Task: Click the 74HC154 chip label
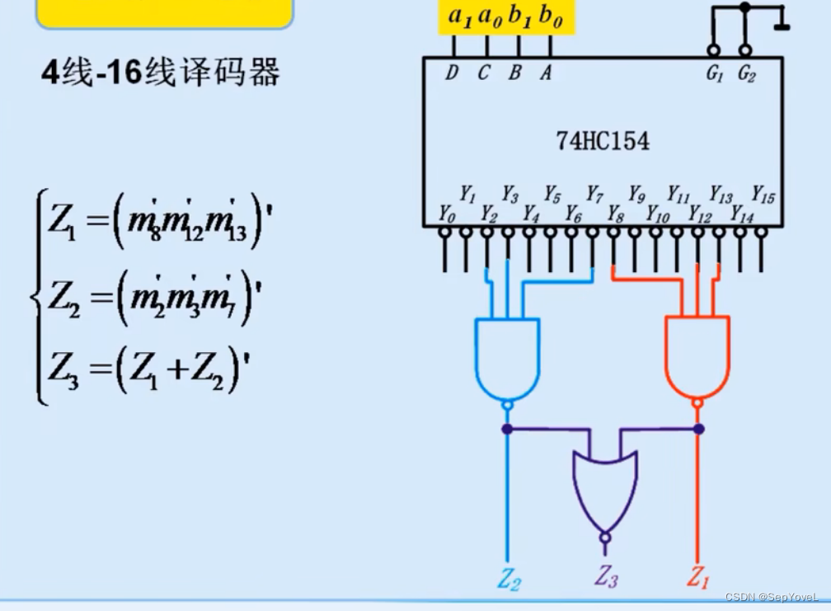coord(602,141)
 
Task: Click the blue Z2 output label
coord(509,579)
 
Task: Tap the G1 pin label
coord(714,73)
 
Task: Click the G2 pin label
coord(746,73)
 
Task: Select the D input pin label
coord(451,73)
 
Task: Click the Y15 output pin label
coord(763,195)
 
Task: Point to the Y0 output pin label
coord(446,215)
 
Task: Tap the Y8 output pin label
coord(615,215)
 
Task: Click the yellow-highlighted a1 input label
coord(459,16)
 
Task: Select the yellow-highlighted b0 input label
coord(551,16)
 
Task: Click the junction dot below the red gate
coord(698,429)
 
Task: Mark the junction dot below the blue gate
coord(507,429)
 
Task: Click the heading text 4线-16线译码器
coord(161,73)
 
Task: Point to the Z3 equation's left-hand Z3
coord(63,368)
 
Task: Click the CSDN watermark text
coord(772,596)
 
